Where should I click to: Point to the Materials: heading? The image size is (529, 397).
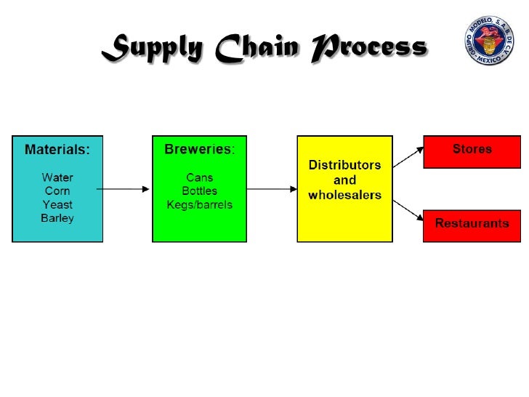click(x=58, y=151)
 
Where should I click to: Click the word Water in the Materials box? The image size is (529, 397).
click(x=57, y=177)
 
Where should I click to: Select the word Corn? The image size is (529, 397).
click(x=57, y=191)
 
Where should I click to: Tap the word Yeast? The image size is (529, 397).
click(x=57, y=204)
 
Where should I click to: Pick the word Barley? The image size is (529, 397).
click(x=57, y=218)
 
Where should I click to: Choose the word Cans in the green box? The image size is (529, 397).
click(x=199, y=177)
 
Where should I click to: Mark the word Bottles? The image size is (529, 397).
click(x=199, y=191)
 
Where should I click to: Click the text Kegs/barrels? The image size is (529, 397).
click(x=199, y=204)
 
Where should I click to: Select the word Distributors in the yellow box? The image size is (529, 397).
click(x=344, y=165)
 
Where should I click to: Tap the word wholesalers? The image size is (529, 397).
click(x=344, y=195)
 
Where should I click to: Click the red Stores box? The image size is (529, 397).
click(x=472, y=151)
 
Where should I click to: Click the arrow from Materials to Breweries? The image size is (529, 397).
click(x=124, y=189)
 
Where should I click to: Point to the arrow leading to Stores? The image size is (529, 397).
click(x=409, y=156)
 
